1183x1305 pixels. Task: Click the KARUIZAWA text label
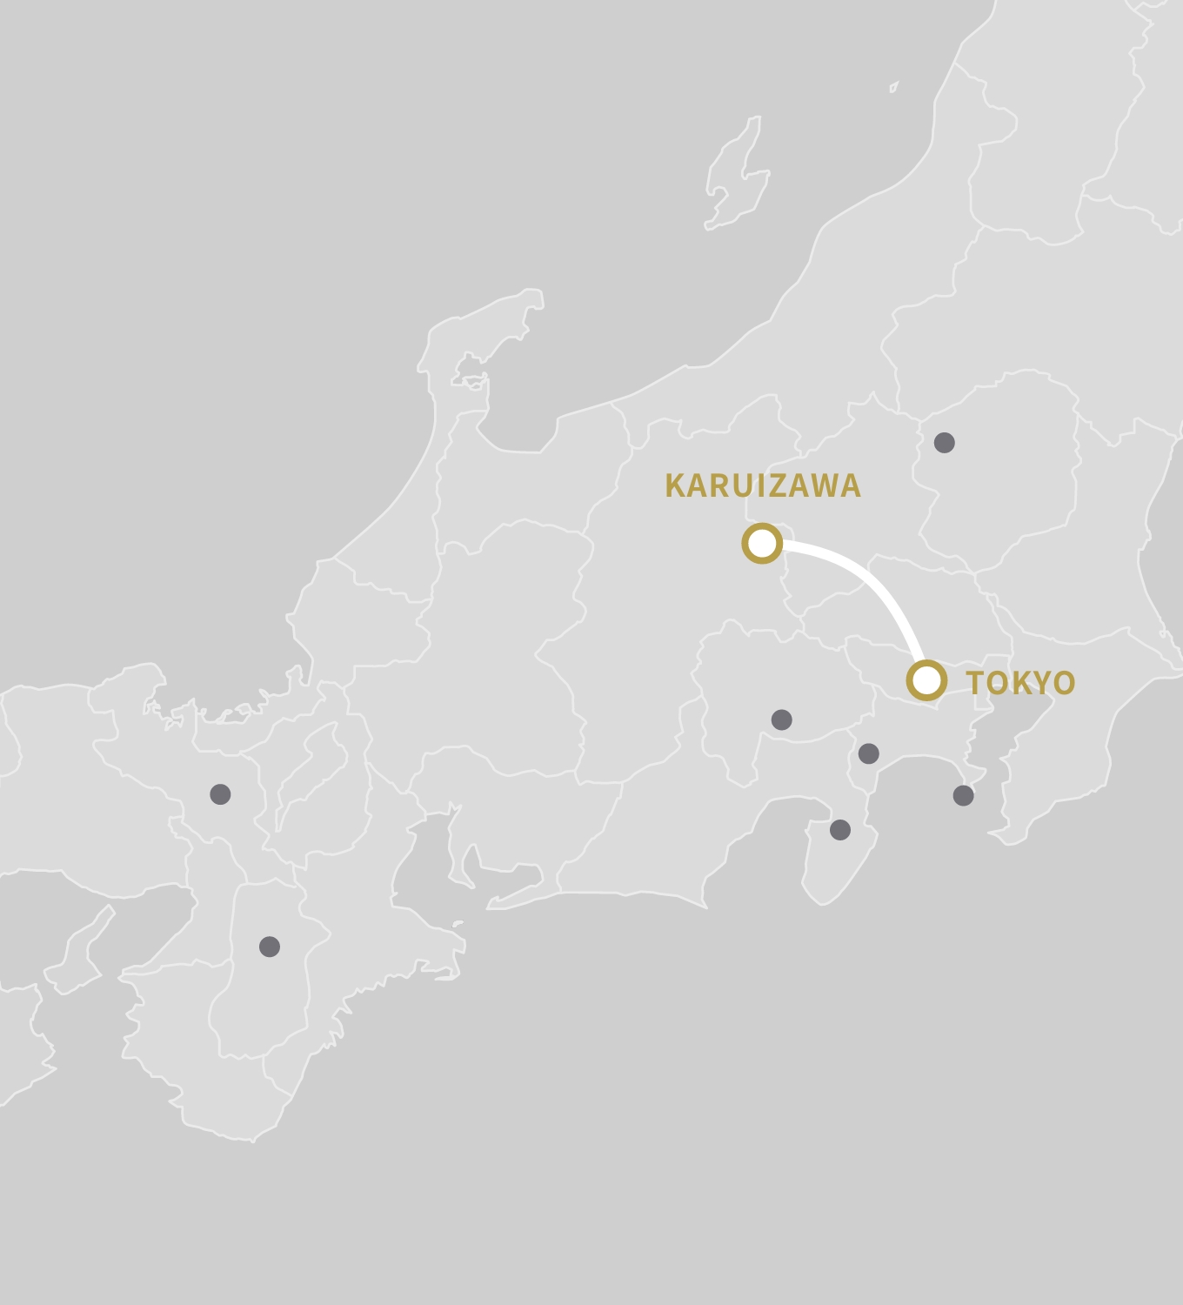pos(763,486)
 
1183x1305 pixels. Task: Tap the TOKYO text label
pos(1020,683)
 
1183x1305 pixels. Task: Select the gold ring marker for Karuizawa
pos(762,543)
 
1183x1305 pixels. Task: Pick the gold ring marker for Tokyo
pos(926,679)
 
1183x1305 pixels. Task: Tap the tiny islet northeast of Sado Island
pos(893,87)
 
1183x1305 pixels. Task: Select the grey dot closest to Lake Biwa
pos(220,793)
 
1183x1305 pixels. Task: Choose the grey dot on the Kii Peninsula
pos(270,947)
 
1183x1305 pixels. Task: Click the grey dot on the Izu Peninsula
pos(839,829)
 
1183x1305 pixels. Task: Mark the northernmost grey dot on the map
pos(944,443)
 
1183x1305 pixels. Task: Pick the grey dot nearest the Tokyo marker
pos(868,753)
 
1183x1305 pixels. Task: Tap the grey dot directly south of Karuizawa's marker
pos(781,719)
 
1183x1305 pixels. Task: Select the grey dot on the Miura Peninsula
pos(963,795)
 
